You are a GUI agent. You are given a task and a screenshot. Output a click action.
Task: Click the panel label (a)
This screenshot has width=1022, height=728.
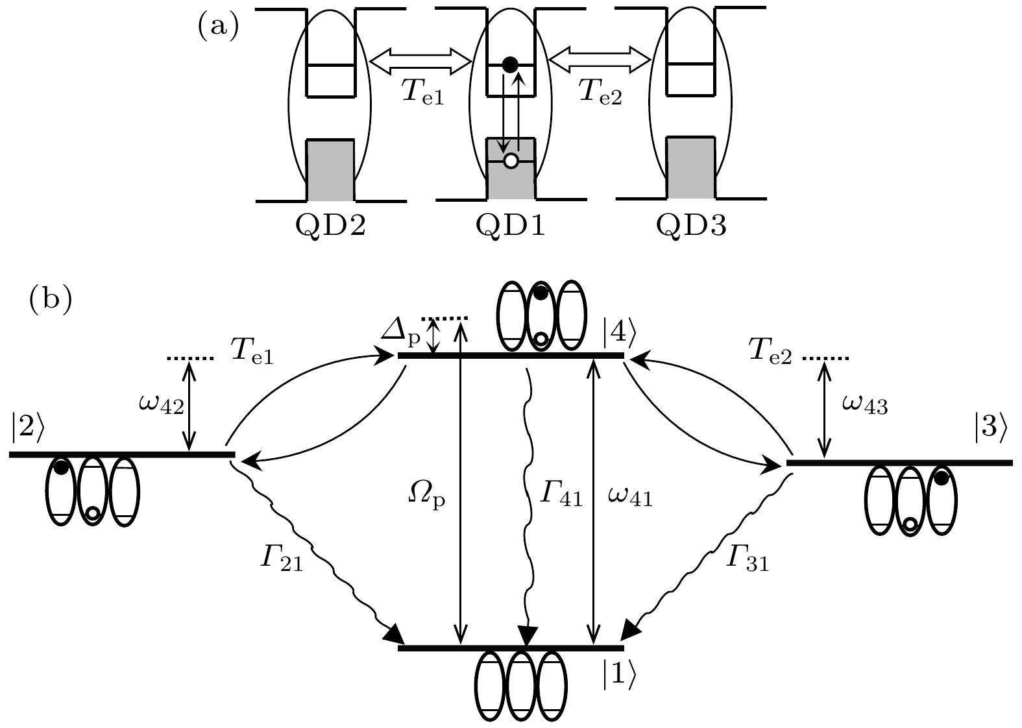point(218,28)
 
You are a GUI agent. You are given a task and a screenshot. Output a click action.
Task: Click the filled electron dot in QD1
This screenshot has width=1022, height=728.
point(510,64)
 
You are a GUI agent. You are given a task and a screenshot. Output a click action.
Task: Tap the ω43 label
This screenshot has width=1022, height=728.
point(864,406)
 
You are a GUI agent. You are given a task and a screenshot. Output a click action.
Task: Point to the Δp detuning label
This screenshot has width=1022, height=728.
point(401,333)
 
